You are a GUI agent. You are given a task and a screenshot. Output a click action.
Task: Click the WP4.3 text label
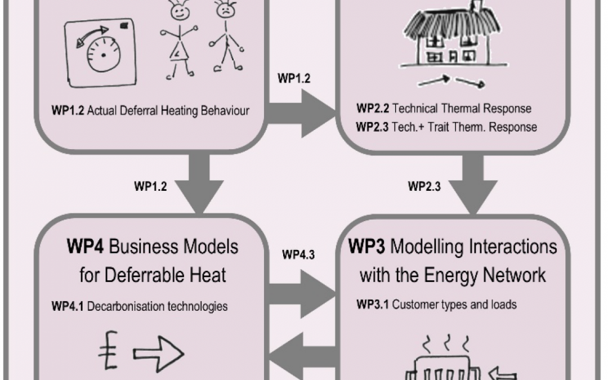click(298, 255)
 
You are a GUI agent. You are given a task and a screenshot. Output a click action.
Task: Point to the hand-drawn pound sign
click(107, 352)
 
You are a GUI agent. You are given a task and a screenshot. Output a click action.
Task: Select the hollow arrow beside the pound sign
click(158, 354)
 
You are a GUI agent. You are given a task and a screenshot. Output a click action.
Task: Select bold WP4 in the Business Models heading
click(84, 247)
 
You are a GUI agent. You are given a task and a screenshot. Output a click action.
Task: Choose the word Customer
click(413, 305)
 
